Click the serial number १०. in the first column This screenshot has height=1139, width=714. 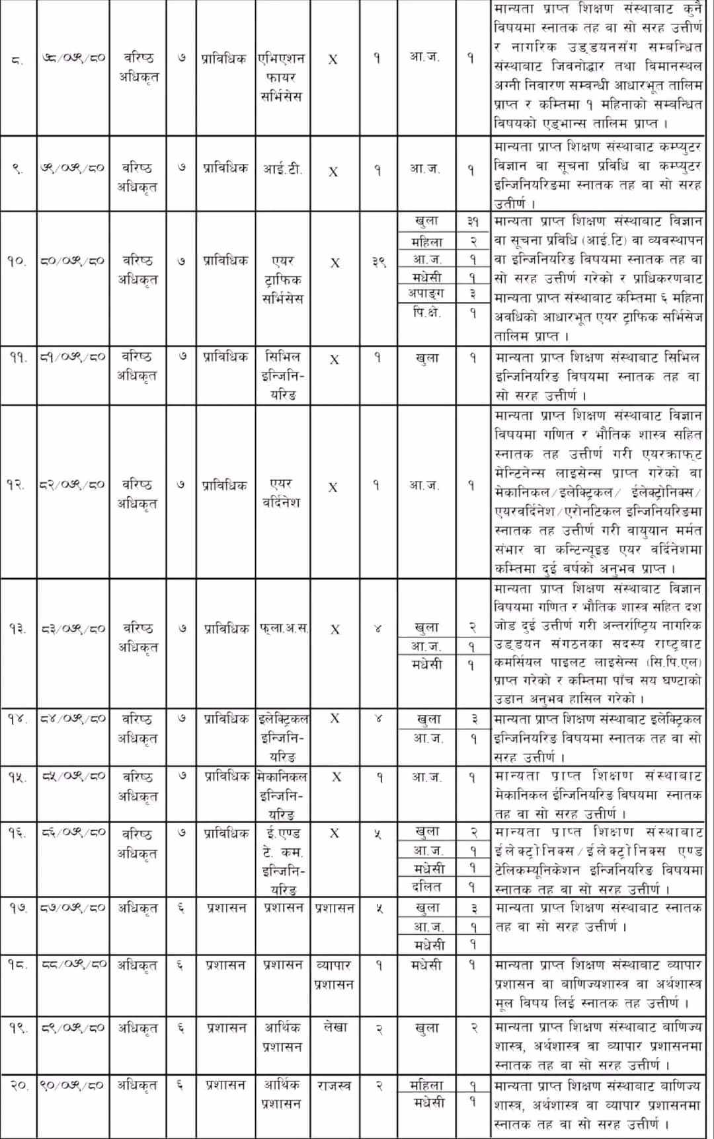point(17,261)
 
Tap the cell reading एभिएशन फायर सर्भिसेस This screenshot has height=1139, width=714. point(282,77)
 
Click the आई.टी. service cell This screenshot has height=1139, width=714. point(282,169)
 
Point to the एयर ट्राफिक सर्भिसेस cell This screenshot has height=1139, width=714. point(282,279)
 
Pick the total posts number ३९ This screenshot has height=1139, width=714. point(377,262)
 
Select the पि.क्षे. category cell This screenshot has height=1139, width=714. point(427,312)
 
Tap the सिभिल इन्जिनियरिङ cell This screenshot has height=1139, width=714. point(282,375)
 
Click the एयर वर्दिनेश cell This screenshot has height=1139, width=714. point(282,493)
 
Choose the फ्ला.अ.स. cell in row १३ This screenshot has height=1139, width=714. point(283,628)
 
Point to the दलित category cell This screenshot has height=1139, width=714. point(426,887)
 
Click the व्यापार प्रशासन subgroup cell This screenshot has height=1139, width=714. point(334,974)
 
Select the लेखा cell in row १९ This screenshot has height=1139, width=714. point(335,1027)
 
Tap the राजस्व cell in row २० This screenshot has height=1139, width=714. point(334,1085)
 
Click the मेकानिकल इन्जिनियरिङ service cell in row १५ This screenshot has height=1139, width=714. point(282,795)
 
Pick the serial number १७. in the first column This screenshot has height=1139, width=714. point(17,908)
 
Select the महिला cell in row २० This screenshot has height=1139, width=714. point(426,1085)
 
